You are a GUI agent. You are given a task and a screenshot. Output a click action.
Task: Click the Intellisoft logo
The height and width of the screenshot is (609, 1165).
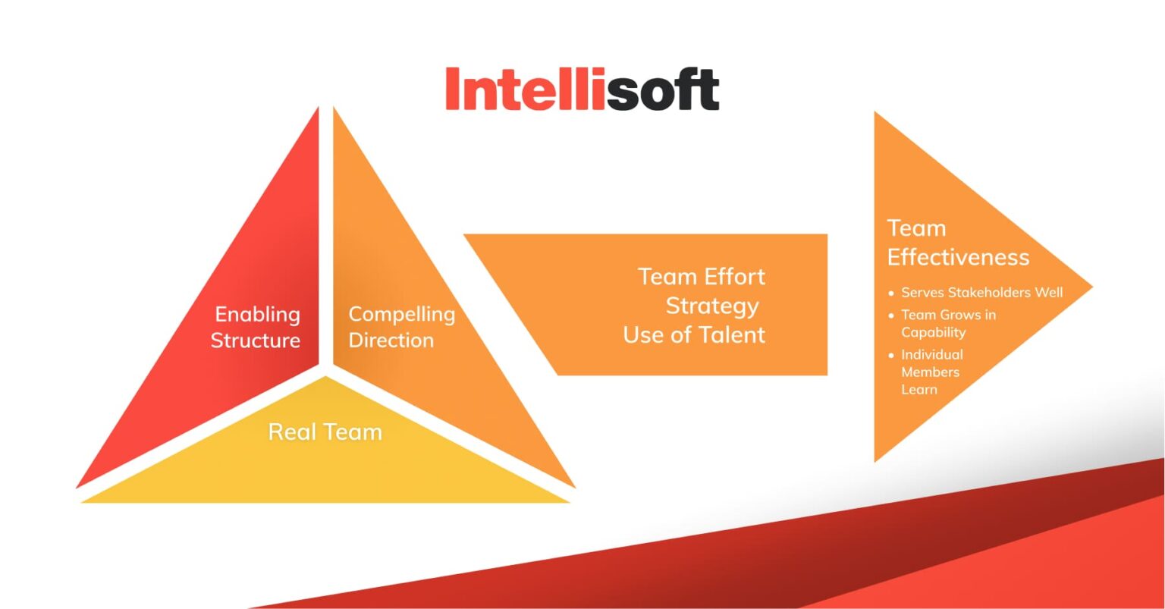pyautogui.click(x=582, y=89)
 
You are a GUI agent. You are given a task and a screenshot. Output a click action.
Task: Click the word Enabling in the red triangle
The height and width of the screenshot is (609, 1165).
pyautogui.click(x=257, y=314)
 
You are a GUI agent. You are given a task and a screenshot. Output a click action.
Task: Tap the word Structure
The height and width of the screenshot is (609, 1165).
pyautogui.click(x=255, y=341)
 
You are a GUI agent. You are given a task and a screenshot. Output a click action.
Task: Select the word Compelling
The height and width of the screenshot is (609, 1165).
pyautogui.click(x=401, y=314)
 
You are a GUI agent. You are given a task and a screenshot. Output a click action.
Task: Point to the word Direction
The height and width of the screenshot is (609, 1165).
pyautogui.click(x=391, y=341)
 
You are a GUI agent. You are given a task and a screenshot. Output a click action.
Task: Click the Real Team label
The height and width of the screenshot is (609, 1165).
pyautogui.click(x=325, y=432)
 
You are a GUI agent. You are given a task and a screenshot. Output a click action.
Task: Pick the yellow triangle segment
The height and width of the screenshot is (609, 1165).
pyautogui.click(x=326, y=470)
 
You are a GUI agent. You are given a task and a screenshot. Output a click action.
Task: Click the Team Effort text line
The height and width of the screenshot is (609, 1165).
pyautogui.click(x=701, y=277)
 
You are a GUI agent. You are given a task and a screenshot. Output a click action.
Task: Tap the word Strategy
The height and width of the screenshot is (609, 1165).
pyautogui.click(x=711, y=306)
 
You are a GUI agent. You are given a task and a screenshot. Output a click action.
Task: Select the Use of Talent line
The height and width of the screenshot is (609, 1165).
pyautogui.click(x=694, y=335)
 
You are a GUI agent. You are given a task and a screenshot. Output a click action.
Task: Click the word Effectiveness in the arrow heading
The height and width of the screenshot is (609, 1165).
pyautogui.click(x=958, y=258)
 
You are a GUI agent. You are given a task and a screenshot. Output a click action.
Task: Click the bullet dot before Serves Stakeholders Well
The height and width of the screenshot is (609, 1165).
pyautogui.click(x=891, y=293)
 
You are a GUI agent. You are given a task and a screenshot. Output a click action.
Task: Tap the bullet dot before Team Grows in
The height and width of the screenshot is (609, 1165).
pyautogui.click(x=891, y=315)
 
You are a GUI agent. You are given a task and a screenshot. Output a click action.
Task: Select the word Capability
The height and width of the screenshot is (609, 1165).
pyautogui.click(x=933, y=332)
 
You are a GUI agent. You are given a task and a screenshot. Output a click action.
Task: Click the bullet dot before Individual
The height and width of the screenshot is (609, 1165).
pyautogui.click(x=891, y=355)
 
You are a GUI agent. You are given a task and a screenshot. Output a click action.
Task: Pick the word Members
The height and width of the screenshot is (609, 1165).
pyautogui.click(x=930, y=372)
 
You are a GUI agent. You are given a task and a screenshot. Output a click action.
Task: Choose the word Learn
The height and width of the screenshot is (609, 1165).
pyautogui.click(x=918, y=390)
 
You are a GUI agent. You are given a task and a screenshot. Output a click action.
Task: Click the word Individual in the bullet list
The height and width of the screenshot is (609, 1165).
pyautogui.click(x=932, y=355)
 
